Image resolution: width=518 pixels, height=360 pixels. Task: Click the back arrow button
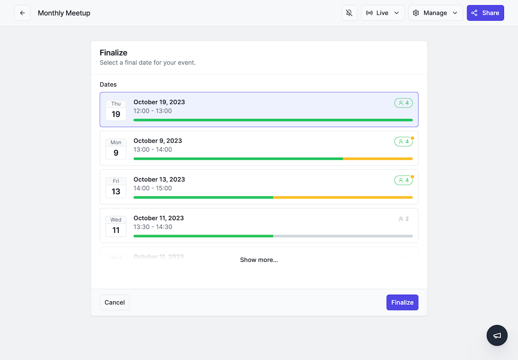coord(22,13)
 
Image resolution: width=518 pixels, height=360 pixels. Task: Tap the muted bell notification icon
coord(349,13)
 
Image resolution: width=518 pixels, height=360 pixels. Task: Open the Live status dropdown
coord(383,13)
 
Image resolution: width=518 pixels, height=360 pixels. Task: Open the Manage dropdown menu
coord(435,13)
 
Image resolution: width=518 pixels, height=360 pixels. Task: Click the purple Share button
coord(485,13)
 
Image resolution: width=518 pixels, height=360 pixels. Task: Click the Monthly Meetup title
coord(64,13)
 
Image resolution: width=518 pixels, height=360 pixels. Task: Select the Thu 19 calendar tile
coord(116,110)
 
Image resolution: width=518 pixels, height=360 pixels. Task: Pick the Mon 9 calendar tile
coord(116,149)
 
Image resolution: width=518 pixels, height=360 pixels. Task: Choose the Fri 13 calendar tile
coord(116,187)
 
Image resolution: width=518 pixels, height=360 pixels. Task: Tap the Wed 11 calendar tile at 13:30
coord(116,226)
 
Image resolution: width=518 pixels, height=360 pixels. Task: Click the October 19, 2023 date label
coord(159,102)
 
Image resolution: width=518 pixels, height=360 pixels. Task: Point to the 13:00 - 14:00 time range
coord(153,150)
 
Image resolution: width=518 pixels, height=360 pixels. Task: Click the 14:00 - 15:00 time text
coord(153,188)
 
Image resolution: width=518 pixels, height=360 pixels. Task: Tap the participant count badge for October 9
coord(403,142)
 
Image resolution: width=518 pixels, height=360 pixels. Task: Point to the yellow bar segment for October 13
coord(343,197)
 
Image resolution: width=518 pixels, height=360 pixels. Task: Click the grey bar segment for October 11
coord(343,236)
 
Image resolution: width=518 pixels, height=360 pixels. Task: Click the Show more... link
coord(259,260)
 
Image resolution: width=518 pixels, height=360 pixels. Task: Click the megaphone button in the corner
coord(497,335)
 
